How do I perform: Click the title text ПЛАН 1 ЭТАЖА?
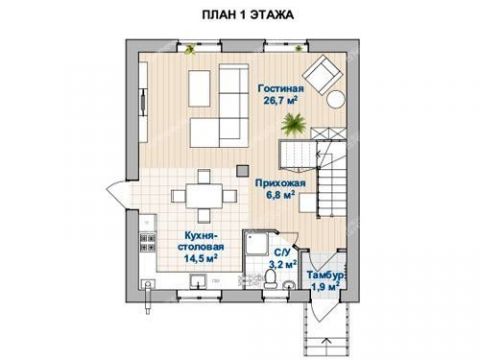click(240, 16)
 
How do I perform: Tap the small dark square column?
click(241, 168)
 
